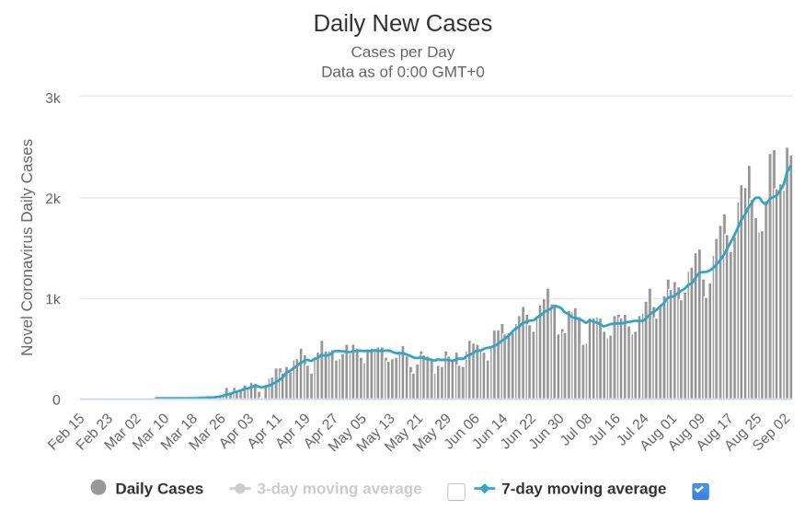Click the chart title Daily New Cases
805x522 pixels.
402,23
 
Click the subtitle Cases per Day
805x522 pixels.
402,52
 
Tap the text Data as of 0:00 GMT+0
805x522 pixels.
402,71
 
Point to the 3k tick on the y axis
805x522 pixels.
52,98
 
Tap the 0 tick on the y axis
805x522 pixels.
56,400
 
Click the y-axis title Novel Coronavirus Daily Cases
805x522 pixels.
28,248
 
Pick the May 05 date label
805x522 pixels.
347,433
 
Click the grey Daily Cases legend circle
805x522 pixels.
98,488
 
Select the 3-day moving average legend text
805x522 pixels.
339,489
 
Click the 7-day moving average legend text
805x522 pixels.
583,489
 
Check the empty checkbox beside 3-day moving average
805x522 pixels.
455,491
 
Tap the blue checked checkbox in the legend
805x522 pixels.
700,491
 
